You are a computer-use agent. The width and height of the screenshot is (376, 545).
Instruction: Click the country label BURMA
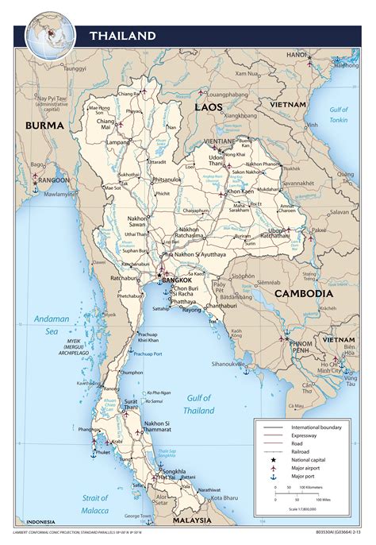coord(44,126)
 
